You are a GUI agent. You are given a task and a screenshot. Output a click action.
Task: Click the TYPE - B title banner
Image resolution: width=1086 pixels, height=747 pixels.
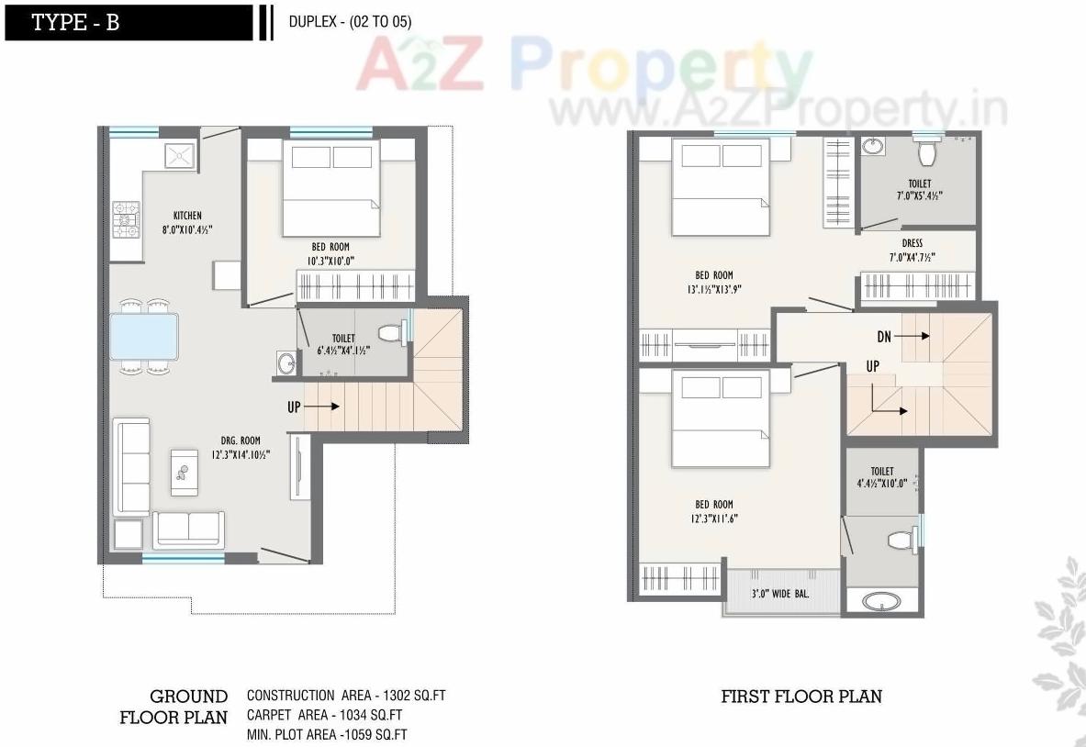(129, 23)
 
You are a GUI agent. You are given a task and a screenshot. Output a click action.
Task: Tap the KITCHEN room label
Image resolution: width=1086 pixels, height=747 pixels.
(187, 216)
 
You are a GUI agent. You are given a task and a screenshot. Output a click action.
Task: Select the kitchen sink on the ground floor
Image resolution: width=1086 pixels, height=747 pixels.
(180, 155)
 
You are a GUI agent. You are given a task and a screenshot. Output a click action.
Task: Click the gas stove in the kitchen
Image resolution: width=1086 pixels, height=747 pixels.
(126, 219)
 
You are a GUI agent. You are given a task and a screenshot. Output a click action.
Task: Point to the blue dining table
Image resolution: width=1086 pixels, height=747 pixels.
(144, 336)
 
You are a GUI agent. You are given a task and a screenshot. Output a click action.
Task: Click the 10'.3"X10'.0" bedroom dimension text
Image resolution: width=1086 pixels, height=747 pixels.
(330, 261)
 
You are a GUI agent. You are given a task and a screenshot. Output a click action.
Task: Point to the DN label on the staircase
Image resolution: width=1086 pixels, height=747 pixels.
(883, 338)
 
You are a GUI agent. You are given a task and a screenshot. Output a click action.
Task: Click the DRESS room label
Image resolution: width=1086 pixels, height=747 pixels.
(912, 243)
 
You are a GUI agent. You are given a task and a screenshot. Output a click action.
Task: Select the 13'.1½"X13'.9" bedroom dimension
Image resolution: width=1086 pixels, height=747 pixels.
(713, 289)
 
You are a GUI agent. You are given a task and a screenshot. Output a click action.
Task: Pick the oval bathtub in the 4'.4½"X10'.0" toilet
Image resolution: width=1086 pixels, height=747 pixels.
(882, 602)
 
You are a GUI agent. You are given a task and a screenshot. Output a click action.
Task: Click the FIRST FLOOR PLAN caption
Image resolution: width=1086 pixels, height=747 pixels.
(801, 697)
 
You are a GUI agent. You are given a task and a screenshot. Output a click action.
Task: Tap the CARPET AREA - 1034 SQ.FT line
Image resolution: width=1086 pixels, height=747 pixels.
(324, 715)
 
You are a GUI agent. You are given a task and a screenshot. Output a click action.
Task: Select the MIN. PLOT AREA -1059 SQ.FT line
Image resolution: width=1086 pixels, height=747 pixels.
(327, 734)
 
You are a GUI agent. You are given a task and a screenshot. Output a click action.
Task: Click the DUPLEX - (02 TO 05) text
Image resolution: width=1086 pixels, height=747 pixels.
(350, 23)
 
